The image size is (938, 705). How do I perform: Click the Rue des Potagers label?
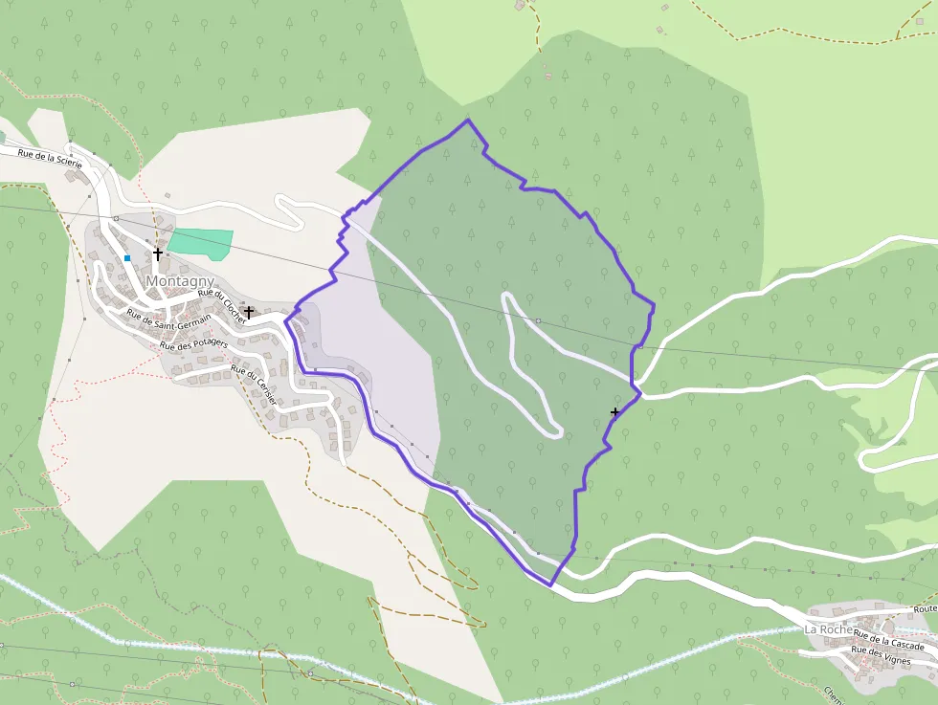(x=194, y=344)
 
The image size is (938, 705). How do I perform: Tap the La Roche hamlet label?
(x=829, y=629)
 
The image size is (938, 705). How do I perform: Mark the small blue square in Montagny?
(x=126, y=258)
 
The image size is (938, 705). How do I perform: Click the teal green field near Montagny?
(x=202, y=243)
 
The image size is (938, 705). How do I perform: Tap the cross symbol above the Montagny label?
(x=158, y=253)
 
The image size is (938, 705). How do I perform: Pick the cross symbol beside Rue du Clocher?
(x=249, y=312)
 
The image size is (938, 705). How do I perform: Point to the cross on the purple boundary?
(x=614, y=412)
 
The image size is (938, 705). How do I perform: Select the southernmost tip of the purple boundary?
(x=550, y=584)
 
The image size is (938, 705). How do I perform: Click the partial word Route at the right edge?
(x=925, y=609)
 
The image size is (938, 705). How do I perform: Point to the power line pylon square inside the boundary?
(x=538, y=320)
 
